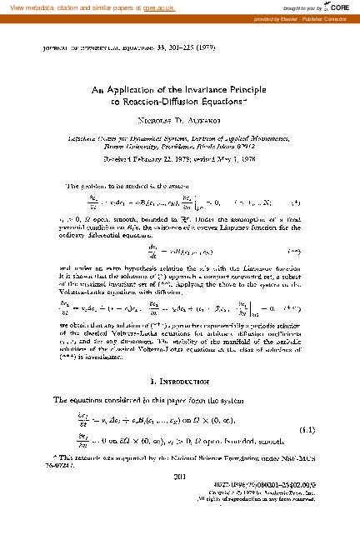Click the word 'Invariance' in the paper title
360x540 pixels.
(x=191, y=89)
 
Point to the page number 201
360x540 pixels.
(x=179, y=499)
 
